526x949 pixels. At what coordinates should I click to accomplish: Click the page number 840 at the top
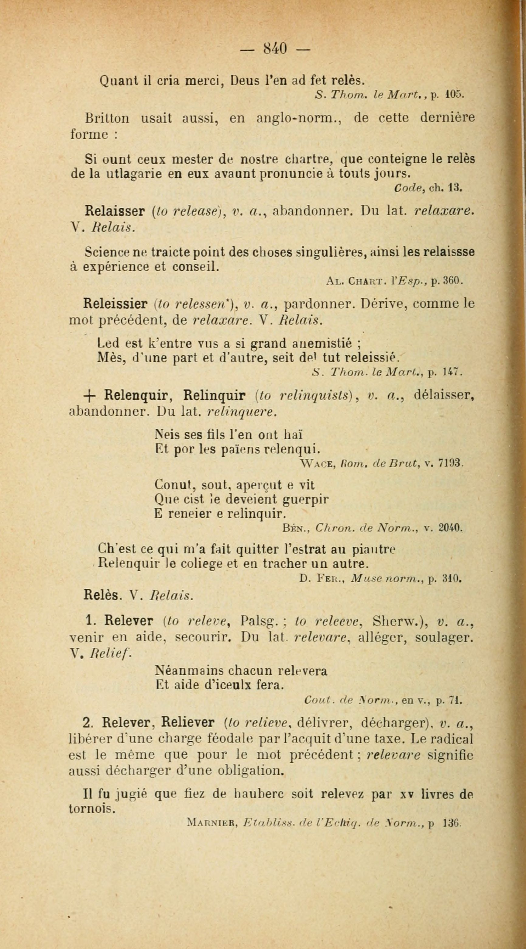(275, 48)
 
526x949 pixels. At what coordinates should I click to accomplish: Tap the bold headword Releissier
(115, 304)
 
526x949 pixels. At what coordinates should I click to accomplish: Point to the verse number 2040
(451, 528)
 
